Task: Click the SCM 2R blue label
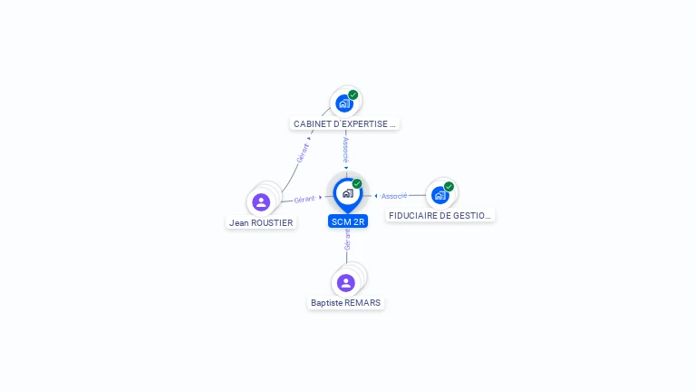click(x=348, y=221)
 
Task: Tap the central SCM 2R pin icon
click(x=347, y=193)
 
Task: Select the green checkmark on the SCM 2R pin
click(x=357, y=184)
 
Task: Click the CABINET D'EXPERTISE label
click(x=344, y=123)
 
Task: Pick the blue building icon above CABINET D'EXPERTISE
click(x=343, y=103)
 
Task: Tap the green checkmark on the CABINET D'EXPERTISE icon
click(x=353, y=95)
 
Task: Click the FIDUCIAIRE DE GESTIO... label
click(x=440, y=216)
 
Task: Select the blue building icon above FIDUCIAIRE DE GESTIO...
click(x=440, y=195)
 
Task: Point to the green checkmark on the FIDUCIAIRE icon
click(x=449, y=187)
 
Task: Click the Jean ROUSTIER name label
click(x=261, y=222)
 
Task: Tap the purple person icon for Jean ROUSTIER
click(x=261, y=201)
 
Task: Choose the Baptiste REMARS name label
click(x=345, y=303)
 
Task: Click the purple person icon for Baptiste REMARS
click(x=345, y=282)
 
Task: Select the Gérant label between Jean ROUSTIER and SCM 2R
click(x=304, y=199)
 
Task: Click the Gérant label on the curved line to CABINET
click(x=303, y=152)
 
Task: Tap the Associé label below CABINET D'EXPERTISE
click(x=345, y=150)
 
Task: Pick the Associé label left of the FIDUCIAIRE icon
click(x=394, y=196)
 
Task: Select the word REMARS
click(x=362, y=303)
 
